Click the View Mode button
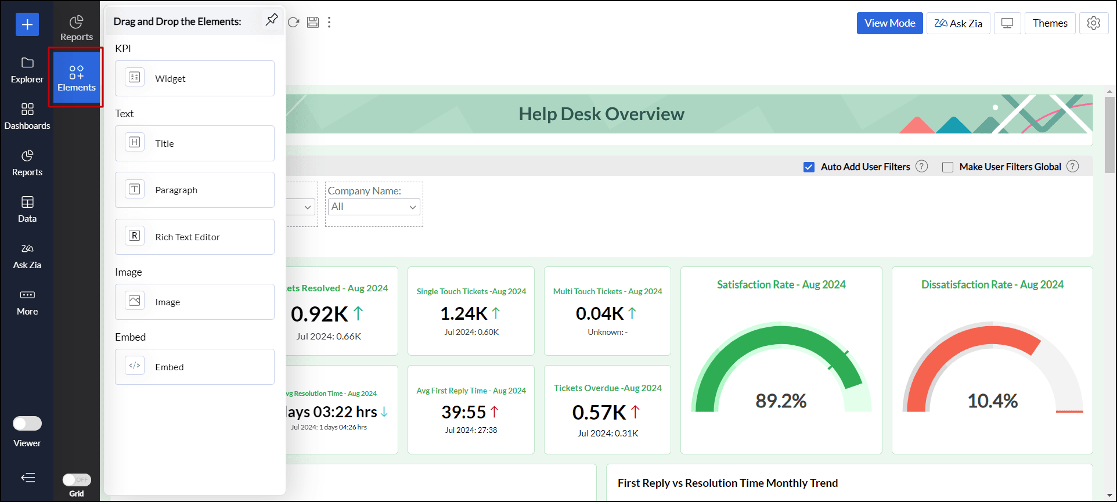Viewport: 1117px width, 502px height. coord(889,23)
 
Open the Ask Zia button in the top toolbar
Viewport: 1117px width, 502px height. coord(958,23)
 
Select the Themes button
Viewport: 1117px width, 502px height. coord(1050,23)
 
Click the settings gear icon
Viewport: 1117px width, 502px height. coord(1093,23)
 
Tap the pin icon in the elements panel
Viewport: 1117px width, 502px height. coord(272,20)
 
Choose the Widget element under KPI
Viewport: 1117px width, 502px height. coord(194,78)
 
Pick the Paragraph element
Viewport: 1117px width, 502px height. coord(194,190)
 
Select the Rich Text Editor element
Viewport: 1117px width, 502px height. coord(194,237)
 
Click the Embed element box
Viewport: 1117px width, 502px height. coord(194,367)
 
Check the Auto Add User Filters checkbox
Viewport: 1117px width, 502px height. coord(809,167)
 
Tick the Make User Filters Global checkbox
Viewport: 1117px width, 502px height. coord(947,167)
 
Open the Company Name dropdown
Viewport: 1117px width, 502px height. coord(374,207)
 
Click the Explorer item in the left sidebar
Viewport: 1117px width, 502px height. coord(27,70)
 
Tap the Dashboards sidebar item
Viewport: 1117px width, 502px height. coord(27,116)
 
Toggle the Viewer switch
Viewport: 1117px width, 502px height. coord(27,424)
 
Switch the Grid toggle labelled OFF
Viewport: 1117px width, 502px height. coord(77,480)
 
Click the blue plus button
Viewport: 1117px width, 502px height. coord(27,24)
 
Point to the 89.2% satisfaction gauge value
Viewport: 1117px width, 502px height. coord(781,400)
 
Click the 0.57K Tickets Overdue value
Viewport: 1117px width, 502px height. coord(599,413)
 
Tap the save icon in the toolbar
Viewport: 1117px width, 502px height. coord(313,22)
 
